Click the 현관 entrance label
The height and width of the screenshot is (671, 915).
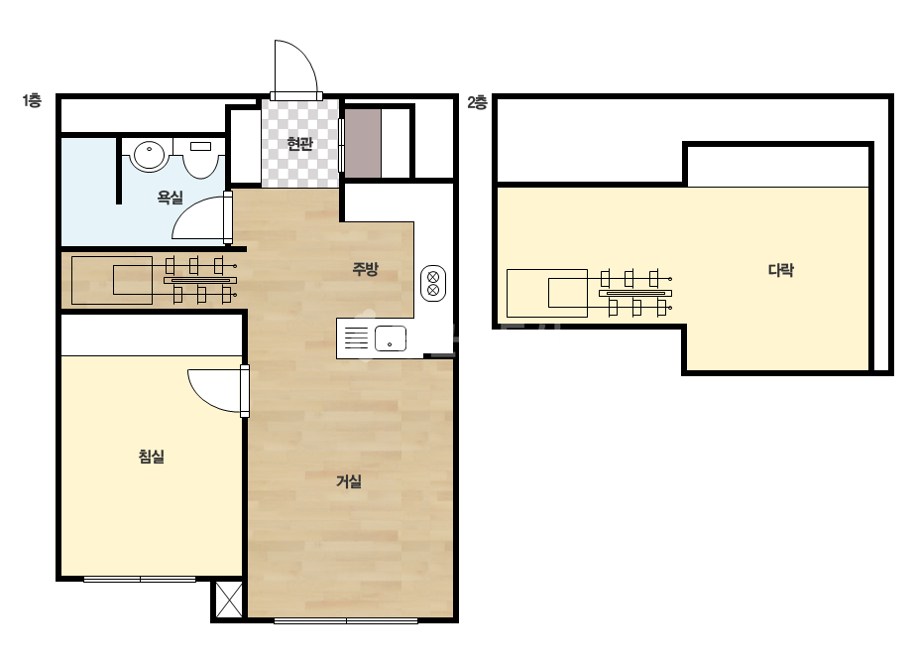[x=300, y=143]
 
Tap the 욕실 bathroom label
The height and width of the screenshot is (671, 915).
[x=170, y=198]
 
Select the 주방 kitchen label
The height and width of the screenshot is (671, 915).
[x=365, y=269]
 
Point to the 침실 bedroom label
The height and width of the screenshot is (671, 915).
[x=151, y=456]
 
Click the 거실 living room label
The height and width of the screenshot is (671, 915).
[x=349, y=481]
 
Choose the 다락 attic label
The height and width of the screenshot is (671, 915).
[x=781, y=270]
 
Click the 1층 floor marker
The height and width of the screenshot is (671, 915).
[x=32, y=100]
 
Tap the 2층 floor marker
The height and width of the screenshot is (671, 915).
[x=477, y=103]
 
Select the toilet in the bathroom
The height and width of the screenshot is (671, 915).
[x=199, y=157]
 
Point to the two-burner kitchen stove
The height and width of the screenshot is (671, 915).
[x=433, y=284]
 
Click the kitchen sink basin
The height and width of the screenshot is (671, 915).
[x=390, y=338]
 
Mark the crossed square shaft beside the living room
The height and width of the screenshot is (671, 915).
[x=229, y=600]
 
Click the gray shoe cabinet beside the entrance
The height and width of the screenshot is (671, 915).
[x=363, y=143]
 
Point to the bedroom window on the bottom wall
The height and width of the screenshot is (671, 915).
[x=140, y=580]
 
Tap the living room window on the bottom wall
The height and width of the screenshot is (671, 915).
[x=346, y=620]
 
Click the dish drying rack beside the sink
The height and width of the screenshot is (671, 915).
[x=356, y=337]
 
